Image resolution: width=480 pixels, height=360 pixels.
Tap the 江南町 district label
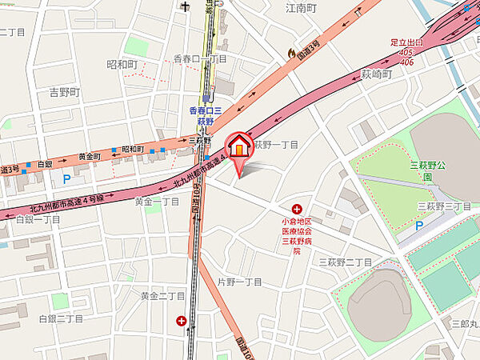coord(302,9)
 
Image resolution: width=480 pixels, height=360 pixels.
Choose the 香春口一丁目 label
coord(200,58)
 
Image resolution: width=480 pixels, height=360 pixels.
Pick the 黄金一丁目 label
coord(157,202)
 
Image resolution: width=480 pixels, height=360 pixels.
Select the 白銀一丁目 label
coord(38,218)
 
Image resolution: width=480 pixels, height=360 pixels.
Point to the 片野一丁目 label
coord(240,282)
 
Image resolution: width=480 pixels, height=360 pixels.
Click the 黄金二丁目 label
coord(162,295)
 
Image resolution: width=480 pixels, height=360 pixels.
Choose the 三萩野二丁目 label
coord(345,262)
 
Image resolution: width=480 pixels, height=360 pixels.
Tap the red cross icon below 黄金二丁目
coord(181,322)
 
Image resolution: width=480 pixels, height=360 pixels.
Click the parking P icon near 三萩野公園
coord(418,226)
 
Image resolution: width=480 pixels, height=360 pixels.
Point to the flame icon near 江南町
coord(291,52)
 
